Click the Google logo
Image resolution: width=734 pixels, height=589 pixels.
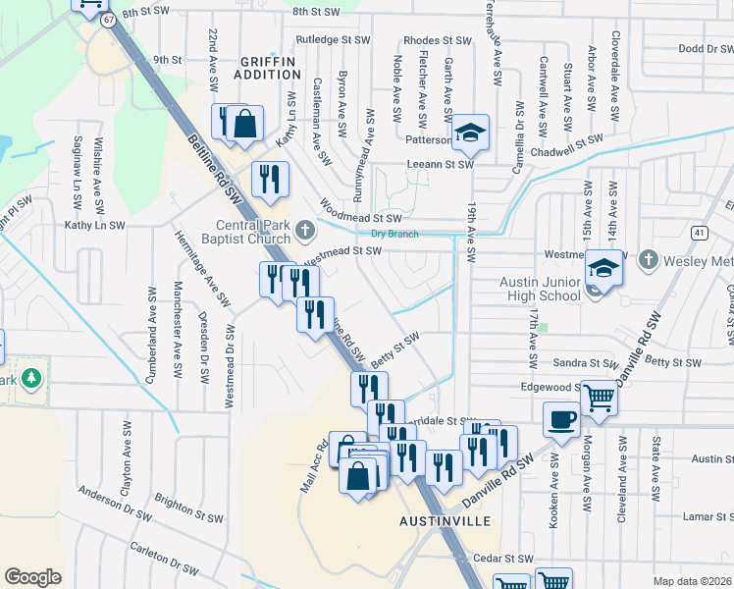click(32, 577)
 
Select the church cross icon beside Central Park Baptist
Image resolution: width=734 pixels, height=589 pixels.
click(305, 231)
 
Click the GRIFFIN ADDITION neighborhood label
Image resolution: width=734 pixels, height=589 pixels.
click(268, 68)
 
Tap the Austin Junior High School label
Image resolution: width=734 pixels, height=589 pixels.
click(541, 287)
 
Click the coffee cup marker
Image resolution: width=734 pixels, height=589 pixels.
click(561, 419)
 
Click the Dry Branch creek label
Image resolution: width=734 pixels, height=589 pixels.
click(394, 234)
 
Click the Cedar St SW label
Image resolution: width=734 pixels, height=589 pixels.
click(502, 559)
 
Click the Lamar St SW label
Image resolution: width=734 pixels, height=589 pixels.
click(705, 515)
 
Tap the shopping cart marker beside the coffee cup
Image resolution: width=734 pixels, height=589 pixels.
click(599, 399)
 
